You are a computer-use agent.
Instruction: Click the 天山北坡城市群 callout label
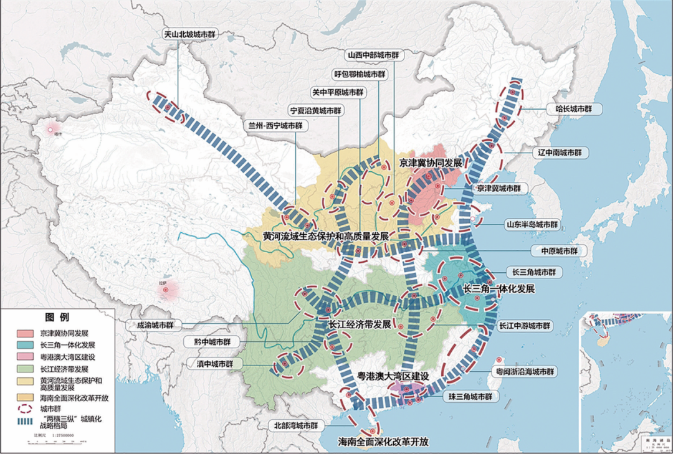click(x=193, y=35)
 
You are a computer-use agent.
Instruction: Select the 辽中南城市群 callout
click(x=563, y=152)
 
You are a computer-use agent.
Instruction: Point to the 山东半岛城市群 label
click(x=533, y=225)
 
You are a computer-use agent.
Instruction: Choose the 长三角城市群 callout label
click(x=533, y=273)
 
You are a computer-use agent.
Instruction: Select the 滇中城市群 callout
click(x=212, y=364)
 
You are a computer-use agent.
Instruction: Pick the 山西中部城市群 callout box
click(x=373, y=55)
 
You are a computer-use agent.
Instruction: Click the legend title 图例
click(x=57, y=317)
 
